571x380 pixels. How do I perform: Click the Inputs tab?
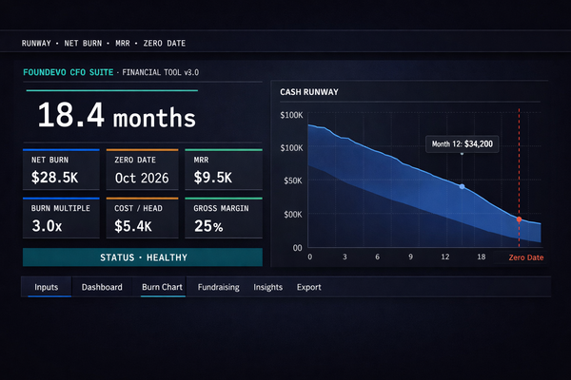click(47, 287)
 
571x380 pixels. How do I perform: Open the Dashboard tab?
click(102, 287)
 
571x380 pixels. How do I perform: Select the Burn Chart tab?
click(163, 287)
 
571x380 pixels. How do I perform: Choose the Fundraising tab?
click(219, 287)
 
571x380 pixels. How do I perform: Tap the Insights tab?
click(267, 287)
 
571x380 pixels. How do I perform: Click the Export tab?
click(309, 287)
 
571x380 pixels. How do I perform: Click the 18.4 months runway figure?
click(116, 118)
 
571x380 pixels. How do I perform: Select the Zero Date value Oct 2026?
click(140, 177)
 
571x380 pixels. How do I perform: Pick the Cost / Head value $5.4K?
click(132, 226)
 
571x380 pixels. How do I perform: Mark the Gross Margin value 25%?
click(205, 226)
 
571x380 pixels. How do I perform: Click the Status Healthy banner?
click(143, 256)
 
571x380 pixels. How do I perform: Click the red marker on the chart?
click(519, 219)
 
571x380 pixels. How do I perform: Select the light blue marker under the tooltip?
click(463, 186)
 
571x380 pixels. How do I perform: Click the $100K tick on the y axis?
click(291, 115)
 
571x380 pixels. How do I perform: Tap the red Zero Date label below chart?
click(526, 257)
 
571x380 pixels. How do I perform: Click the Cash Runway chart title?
click(309, 92)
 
